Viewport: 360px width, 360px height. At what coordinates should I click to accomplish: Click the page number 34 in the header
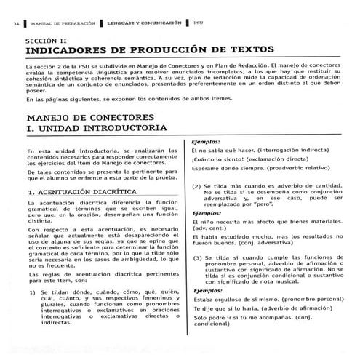[15, 23]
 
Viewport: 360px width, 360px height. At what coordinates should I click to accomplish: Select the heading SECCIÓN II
[47, 42]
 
